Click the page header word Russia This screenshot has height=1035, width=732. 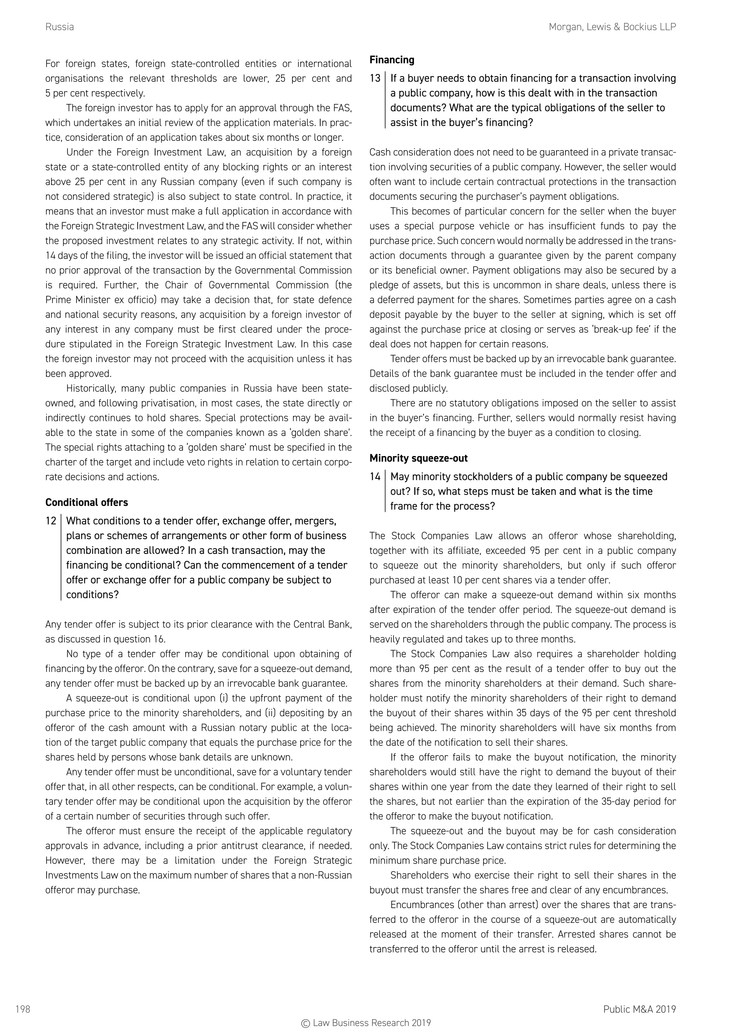click(59, 27)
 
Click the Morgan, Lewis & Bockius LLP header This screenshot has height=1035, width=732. click(612, 27)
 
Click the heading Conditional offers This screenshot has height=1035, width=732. click(86, 502)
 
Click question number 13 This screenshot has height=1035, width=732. click(375, 78)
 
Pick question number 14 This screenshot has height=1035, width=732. click(375, 476)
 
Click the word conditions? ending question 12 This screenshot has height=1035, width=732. click(93, 595)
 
